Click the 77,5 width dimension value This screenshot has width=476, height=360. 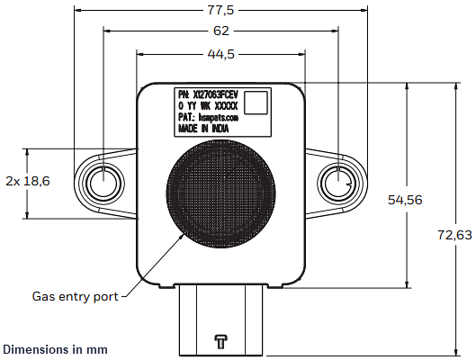click(220, 11)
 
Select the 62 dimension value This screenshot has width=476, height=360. click(220, 31)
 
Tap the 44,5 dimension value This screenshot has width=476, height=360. click(220, 54)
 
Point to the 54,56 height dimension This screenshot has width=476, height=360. click(403, 200)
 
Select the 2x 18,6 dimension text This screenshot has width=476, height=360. click(28, 181)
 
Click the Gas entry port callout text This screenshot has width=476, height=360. click(75, 295)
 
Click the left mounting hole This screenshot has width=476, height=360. click(103, 183)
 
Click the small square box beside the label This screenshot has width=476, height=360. click(258, 102)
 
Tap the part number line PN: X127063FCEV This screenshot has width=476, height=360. click(210, 94)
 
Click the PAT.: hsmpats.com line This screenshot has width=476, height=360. click(208, 117)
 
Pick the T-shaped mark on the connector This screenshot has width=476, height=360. click(220, 341)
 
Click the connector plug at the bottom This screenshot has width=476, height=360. click(220, 319)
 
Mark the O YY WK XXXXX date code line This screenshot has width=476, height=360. click(208, 105)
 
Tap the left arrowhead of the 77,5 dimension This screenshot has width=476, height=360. click(77, 11)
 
